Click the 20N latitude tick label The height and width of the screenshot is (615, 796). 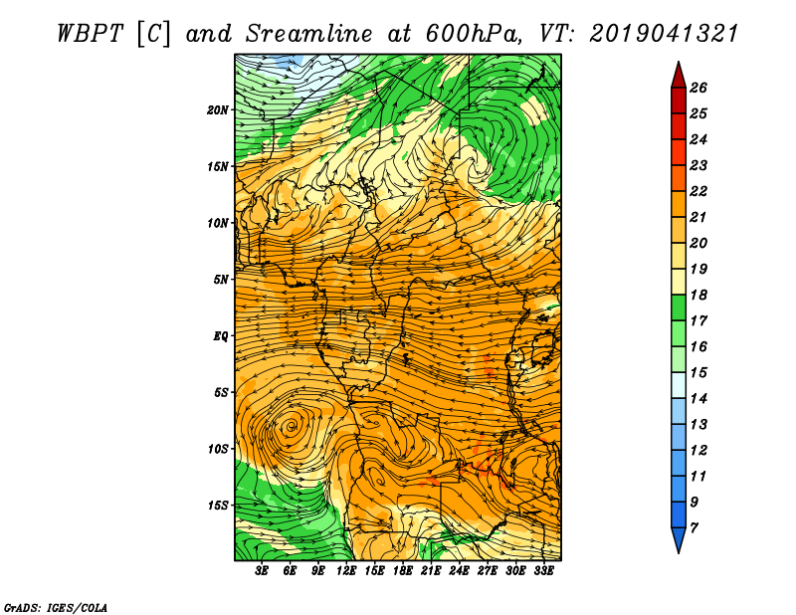217,110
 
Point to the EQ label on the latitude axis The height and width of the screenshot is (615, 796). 220,336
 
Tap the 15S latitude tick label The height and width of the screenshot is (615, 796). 217,506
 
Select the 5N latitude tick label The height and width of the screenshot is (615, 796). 221,280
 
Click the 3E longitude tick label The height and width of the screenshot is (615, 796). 262,571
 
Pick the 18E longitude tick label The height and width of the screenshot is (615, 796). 403,571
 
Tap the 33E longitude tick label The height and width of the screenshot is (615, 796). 543,571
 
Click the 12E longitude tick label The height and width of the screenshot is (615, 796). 346,571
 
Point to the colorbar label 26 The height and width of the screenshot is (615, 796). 698,88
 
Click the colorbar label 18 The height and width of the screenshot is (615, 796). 698,295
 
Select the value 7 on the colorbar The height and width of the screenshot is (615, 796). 694,528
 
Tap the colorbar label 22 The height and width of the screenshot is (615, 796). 698,191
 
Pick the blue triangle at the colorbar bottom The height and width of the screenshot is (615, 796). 679,538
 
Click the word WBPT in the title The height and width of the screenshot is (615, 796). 90,34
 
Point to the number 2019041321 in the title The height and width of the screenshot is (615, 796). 664,34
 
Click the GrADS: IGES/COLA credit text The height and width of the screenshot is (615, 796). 56,607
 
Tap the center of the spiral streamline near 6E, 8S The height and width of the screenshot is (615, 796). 291,426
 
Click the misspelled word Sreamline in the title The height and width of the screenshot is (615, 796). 309,34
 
